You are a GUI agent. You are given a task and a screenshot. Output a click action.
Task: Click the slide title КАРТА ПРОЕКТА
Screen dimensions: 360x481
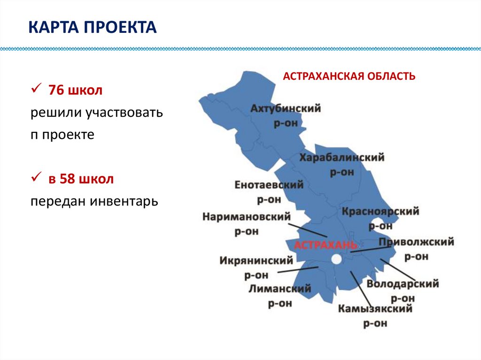tap(92, 28)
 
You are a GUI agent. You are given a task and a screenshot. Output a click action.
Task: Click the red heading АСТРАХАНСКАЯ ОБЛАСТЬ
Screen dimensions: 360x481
tap(349, 76)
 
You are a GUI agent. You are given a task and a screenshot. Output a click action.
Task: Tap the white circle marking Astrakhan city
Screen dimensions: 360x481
tap(336, 259)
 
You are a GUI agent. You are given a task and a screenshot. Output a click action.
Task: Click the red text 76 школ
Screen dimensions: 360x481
tap(75, 91)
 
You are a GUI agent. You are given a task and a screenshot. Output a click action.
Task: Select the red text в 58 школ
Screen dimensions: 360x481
tap(80, 179)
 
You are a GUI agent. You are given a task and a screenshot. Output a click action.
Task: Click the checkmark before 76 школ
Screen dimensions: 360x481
tap(37, 90)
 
